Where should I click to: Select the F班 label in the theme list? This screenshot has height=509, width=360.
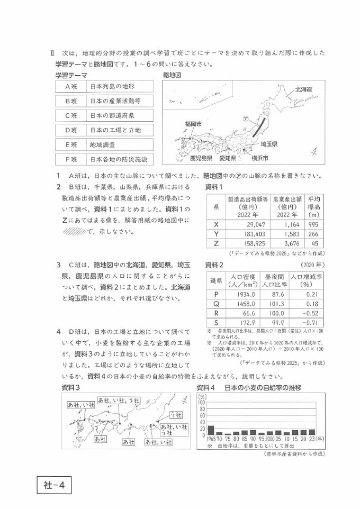71,159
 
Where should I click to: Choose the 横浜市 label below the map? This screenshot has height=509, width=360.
259,158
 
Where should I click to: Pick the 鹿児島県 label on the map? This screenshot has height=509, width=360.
201,158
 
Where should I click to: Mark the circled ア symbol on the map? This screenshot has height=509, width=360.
246,120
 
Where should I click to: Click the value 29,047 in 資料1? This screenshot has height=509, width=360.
241,224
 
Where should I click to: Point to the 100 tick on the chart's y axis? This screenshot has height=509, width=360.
202,402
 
